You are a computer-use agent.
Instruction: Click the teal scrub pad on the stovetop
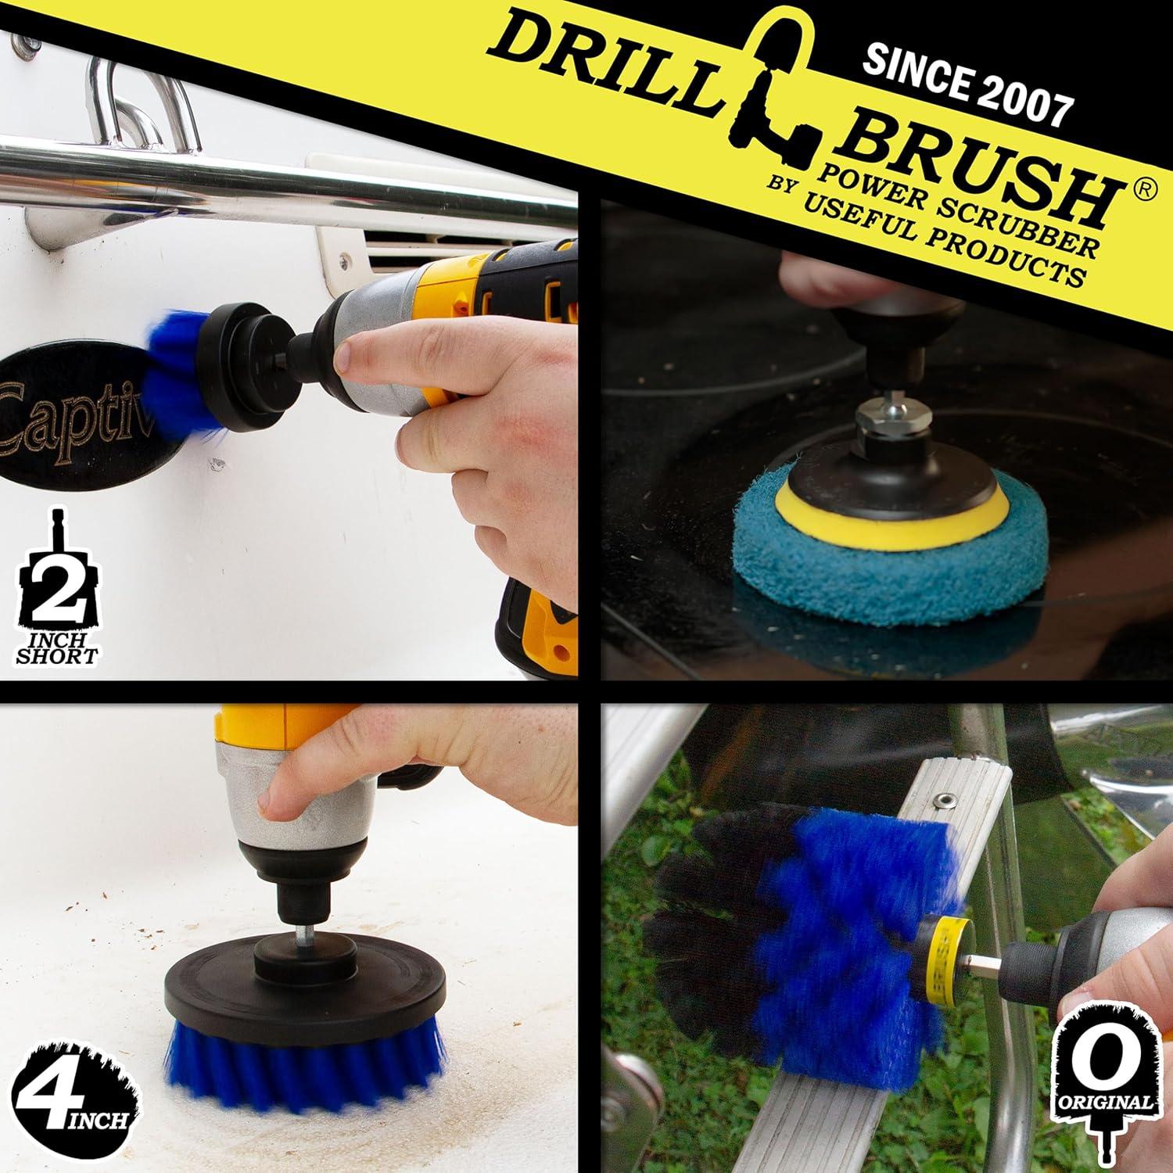[888, 563]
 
